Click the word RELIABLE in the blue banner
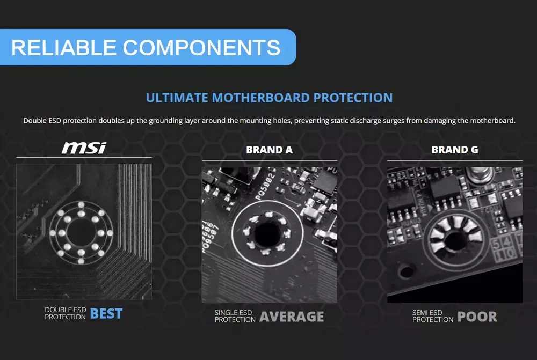[64, 48]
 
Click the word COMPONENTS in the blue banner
[202, 48]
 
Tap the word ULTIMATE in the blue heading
[177, 98]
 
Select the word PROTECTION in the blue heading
[353, 98]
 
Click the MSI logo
[84, 148]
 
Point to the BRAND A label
[269, 150]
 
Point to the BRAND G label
[454, 150]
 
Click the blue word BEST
[106, 314]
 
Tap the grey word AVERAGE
[292, 317]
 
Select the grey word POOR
[477, 317]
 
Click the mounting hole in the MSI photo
[82, 233]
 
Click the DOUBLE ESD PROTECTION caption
[65, 313]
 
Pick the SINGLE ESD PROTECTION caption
[235, 316]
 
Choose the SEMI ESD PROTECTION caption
[432, 316]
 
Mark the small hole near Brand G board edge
[407, 271]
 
